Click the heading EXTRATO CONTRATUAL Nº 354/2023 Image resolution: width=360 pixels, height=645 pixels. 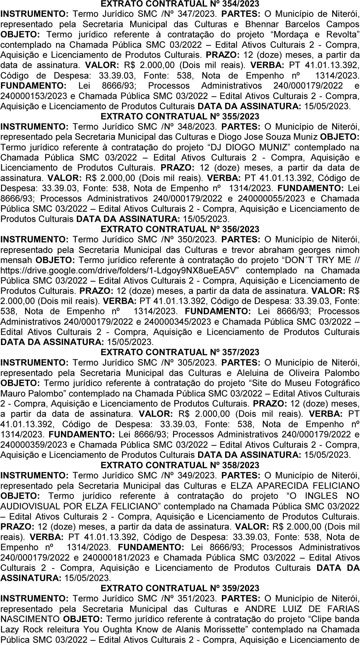click(180, 4)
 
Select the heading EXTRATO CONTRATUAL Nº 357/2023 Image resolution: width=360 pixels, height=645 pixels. click(180, 352)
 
